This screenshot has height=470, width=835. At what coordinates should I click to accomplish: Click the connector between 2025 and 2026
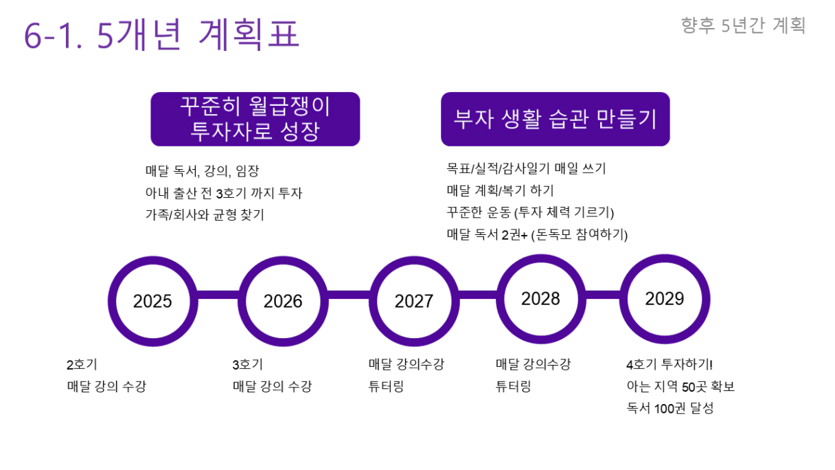point(218,295)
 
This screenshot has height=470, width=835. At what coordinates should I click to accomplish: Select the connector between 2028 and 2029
point(603,295)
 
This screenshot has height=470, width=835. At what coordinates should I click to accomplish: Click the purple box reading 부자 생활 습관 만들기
point(556,119)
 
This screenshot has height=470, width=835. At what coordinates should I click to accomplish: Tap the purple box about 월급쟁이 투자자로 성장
point(255,119)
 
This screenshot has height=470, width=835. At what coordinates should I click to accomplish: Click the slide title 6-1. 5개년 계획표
point(162,34)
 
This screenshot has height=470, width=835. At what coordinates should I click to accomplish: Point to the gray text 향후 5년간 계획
point(743,25)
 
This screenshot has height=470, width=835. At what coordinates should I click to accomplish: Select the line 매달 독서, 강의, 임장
point(202,171)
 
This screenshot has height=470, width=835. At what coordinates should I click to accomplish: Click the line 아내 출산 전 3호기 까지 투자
point(224,193)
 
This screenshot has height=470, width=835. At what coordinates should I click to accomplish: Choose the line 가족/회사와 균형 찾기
point(205,215)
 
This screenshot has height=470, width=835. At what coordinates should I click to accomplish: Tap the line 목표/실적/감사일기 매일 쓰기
point(527,168)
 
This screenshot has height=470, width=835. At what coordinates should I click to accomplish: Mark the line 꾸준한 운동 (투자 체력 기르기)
point(530,212)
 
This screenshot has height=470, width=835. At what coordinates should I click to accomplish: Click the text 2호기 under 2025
point(82,364)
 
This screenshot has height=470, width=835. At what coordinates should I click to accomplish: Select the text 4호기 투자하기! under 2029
point(670,364)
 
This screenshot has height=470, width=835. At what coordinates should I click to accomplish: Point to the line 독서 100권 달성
point(670,408)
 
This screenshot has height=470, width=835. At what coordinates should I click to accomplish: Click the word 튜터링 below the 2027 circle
point(386,386)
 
